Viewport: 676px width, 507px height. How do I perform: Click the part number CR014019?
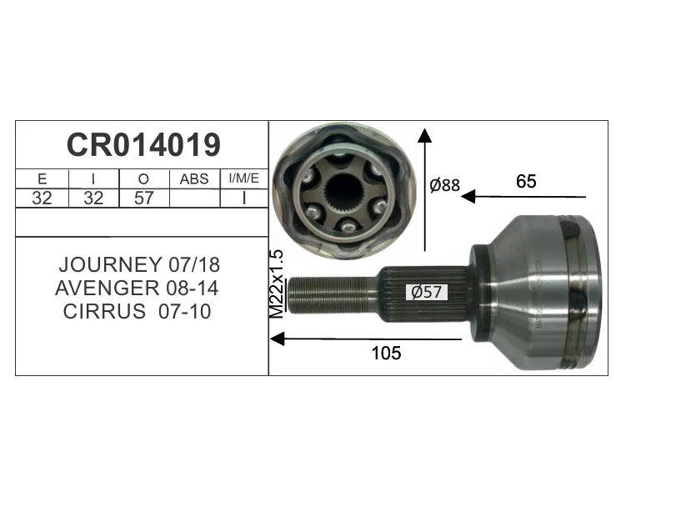143,145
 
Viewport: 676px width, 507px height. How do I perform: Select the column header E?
42,178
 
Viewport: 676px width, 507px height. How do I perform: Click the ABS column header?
194,178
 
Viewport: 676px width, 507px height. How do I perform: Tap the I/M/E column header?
243,178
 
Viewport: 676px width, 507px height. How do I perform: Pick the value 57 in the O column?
143,198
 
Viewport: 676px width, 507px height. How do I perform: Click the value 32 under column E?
42,198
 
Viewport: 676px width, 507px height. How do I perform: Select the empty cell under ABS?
195,198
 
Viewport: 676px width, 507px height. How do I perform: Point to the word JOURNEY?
110,264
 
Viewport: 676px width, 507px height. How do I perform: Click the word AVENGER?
108,288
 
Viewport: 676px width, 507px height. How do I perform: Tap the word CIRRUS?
104,311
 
